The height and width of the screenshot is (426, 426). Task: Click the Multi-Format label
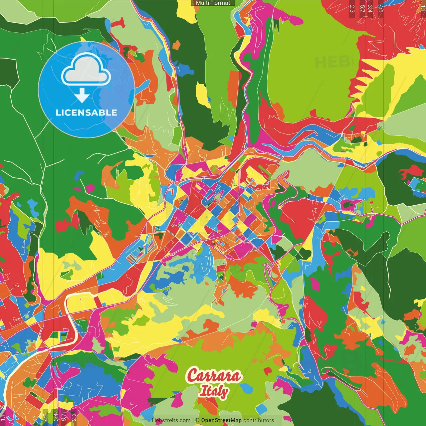coord(213,3)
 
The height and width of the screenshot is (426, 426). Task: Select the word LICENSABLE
coord(87,112)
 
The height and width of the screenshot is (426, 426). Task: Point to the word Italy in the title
coord(214,391)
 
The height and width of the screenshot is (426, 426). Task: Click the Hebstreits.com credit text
coord(171,420)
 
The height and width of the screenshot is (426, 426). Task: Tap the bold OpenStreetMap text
coord(221,420)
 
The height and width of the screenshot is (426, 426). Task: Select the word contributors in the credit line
coord(259,420)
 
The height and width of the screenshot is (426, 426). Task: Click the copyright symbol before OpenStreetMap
coord(197,420)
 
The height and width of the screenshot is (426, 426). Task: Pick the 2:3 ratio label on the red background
coord(352,8)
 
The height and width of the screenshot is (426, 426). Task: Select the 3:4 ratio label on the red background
coord(370,8)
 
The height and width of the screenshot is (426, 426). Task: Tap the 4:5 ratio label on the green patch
coord(45,417)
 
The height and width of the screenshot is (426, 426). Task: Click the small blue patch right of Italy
coord(246,388)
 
